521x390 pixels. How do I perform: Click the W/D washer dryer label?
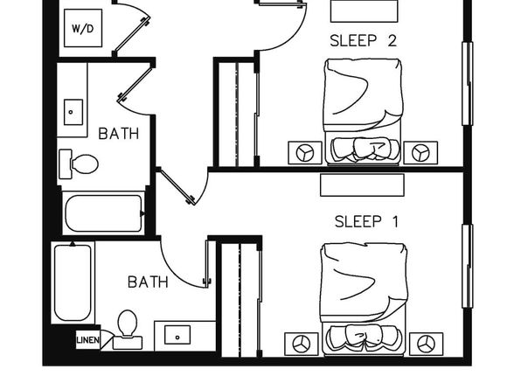[x=83, y=29]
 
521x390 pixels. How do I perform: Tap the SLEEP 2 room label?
[x=363, y=41]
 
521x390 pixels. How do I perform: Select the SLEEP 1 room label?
[x=366, y=222]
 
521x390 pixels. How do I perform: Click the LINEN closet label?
[x=87, y=340]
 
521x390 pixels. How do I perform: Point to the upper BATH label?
[x=119, y=134]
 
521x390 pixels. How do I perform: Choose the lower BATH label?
[x=148, y=282]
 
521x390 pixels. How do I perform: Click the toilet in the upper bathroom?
[x=79, y=164]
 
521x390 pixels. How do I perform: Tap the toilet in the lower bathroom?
[x=128, y=330]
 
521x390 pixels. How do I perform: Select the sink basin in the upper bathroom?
[x=73, y=112]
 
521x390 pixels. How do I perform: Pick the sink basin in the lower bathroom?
[x=177, y=335]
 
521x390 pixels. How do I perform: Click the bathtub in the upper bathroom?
[x=104, y=213]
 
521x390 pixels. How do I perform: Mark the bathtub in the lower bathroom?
[x=73, y=283]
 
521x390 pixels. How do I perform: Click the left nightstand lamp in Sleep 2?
[x=305, y=153]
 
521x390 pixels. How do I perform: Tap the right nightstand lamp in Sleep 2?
[x=420, y=153]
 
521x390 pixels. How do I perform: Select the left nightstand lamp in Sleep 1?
[x=302, y=344]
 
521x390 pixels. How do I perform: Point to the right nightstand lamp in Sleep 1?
[x=426, y=344]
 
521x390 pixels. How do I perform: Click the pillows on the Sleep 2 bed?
[x=365, y=149]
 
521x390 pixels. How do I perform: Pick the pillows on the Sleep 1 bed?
[x=364, y=338]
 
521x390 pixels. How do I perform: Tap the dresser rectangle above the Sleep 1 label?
[x=362, y=185]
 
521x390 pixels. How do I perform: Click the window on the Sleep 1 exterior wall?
[x=468, y=266]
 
